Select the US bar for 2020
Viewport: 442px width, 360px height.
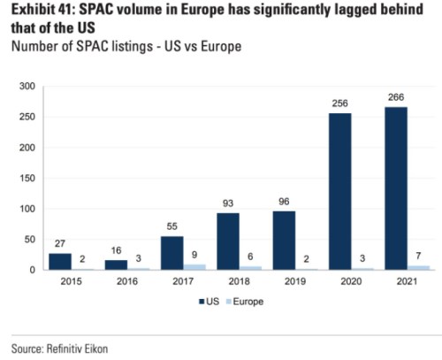coord(339,191)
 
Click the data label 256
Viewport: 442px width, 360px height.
coord(339,103)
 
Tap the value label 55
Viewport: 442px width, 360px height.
coord(171,226)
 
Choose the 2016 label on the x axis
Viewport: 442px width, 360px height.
coord(126,283)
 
